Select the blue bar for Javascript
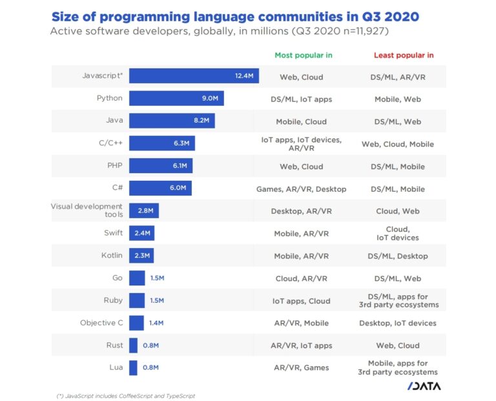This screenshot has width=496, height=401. point(194,76)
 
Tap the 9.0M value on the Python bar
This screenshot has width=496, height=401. point(211,99)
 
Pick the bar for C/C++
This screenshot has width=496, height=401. point(161,143)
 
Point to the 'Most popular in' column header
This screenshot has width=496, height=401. point(303,56)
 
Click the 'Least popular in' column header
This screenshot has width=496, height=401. point(404,56)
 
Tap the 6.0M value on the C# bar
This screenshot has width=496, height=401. point(178,189)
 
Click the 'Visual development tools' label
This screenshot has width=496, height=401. point(87,211)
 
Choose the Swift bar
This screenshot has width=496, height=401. point(141,233)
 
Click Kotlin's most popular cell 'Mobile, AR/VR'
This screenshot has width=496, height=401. point(301,256)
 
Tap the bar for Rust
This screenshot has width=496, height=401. point(133,345)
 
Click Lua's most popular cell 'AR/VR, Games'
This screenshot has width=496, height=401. point(301,367)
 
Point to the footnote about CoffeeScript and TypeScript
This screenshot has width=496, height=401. point(125,395)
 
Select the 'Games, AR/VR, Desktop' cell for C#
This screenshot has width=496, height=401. point(301,189)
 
